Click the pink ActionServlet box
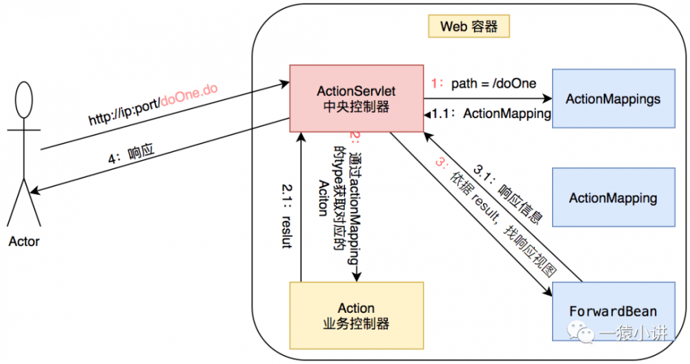356,98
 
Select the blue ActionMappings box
613,98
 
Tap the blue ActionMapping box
613,198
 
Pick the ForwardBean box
613,311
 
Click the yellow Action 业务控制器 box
356,315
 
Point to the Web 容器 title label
469,27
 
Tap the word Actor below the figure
24,242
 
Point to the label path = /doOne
493,84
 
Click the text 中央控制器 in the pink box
356,108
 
